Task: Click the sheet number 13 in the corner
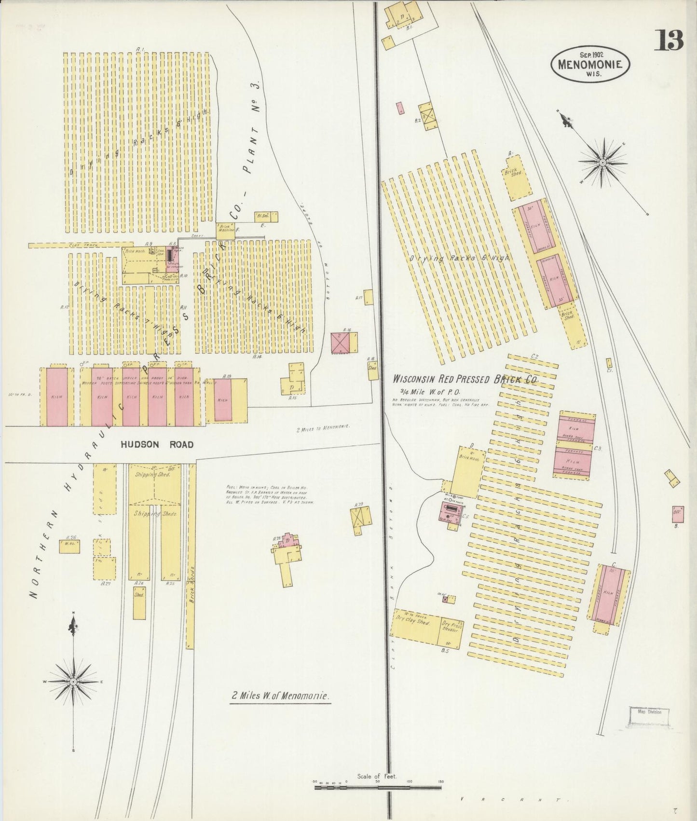pos(669,41)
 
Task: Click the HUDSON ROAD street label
pos(157,444)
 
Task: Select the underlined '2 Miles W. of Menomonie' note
pos(280,696)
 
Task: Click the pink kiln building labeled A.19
pos(222,400)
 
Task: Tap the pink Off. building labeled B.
pos(676,514)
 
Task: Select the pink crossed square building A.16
pos(340,342)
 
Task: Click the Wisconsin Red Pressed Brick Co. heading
pos(465,380)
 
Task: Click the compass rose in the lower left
pos(73,681)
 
